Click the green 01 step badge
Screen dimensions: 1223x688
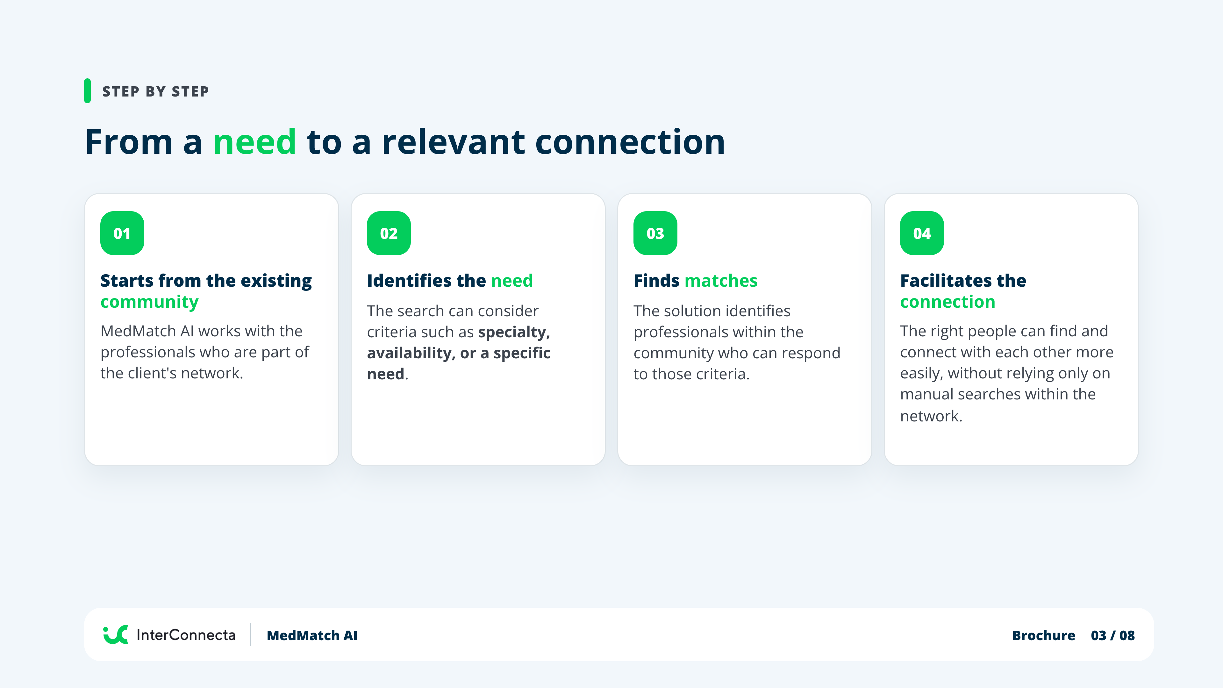coord(122,233)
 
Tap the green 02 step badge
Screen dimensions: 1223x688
coord(389,233)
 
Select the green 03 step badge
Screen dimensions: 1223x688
coord(655,233)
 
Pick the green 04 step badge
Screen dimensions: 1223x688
coord(922,233)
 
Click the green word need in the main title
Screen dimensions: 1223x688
coord(254,142)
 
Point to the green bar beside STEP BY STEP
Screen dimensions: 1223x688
coord(87,91)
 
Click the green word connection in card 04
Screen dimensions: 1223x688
coord(948,302)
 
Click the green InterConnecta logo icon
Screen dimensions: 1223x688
coord(115,635)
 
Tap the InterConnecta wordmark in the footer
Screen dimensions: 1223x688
coord(186,635)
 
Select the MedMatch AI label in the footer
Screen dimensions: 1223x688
coord(312,635)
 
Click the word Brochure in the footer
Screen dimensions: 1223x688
coord(1044,635)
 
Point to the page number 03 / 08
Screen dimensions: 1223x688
coord(1113,635)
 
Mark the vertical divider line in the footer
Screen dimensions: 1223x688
coord(251,635)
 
